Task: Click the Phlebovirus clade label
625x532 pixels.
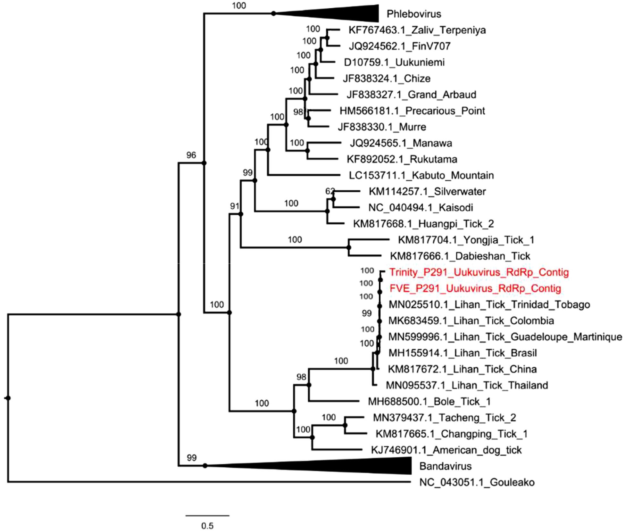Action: [x=414, y=14]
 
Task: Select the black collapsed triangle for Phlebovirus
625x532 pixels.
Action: [x=346, y=13]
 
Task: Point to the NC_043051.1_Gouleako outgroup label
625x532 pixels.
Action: [x=477, y=482]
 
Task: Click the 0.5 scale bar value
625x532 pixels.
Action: [x=207, y=526]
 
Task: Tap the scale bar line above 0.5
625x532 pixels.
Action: [x=207, y=516]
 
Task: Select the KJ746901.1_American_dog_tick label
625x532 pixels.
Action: [x=446, y=450]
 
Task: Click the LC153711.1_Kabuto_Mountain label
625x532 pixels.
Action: [x=421, y=175]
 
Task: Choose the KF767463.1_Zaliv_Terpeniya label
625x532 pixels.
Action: [x=417, y=30]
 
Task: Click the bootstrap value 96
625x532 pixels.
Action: [x=191, y=155]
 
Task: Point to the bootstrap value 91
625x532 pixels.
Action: [x=235, y=206]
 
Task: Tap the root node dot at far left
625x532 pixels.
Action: [x=8, y=398]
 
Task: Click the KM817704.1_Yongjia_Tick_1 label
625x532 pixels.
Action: [x=466, y=240]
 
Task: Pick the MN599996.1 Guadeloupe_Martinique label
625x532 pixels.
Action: [x=505, y=337]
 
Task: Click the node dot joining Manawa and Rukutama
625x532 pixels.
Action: [x=308, y=151]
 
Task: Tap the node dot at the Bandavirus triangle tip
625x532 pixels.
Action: [x=205, y=466]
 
